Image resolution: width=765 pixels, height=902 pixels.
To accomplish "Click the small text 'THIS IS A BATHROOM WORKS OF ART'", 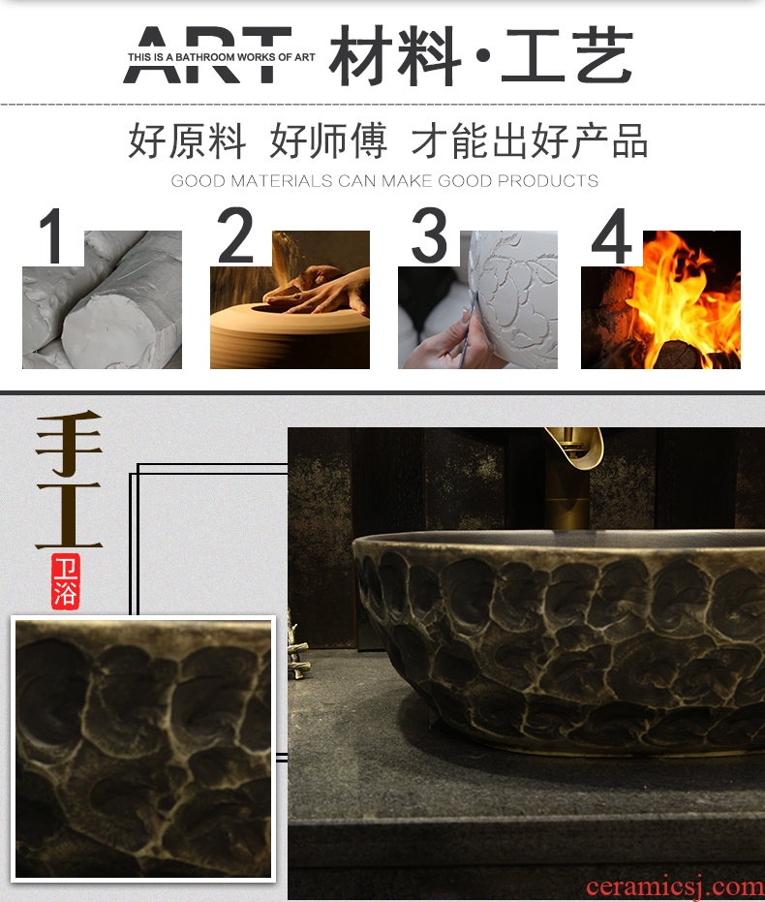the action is [x=222, y=57].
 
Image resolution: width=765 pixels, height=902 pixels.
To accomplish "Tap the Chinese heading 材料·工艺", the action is [x=481, y=55].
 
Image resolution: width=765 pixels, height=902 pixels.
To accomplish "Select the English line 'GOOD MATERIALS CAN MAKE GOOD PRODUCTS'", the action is [x=384, y=181].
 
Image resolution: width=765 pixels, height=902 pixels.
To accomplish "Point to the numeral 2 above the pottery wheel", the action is [x=235, y=234].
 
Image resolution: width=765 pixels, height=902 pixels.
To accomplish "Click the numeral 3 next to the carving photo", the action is [x=429, y=234].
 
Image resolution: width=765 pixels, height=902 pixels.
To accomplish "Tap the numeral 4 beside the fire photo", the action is [x=612, y=235].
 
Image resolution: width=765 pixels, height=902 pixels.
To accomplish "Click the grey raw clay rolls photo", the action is [x=103, y=299].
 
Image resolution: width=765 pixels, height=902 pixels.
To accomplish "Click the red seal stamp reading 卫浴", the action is [x=65, y=581].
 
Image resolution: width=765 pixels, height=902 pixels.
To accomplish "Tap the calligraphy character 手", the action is [x=69, y=444].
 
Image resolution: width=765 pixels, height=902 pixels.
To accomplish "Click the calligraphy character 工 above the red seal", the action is [x=69, y=514].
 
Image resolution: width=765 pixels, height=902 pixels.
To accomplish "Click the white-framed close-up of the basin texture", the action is [x=143, y=749].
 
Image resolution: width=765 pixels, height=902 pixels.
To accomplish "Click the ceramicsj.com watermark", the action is [x=675, y=886].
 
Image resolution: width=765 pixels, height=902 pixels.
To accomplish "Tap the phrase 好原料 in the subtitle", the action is [x=187, y=140].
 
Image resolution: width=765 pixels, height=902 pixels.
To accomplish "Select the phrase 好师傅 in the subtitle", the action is [x=328, y=140].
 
